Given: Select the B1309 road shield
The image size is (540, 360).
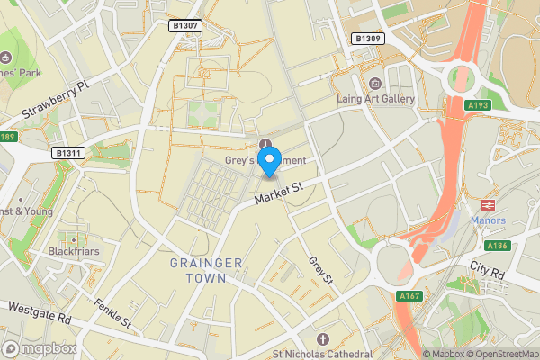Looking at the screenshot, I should (x=368, y=39).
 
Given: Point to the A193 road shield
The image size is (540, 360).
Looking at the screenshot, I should (x=479, y=105).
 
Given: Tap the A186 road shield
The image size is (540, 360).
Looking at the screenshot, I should (x=497, y=246).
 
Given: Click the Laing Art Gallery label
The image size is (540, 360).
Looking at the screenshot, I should (x=375, y=99).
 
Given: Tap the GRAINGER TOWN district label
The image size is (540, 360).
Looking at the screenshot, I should (x=206, y=270).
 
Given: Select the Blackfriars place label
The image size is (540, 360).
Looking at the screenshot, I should (x=73, y=251).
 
